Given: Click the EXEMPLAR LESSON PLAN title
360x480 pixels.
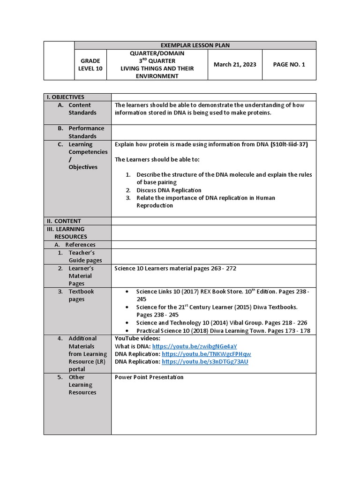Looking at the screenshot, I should pyautogui.click(x=195, y=45).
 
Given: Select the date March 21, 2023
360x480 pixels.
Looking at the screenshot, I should pyautogui.click(x=235, y=65).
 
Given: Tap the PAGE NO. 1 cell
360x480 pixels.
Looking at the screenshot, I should pyautogui.click(x=289, y=65).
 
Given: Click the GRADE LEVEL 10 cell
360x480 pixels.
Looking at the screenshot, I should pyautogui.click(x=90, y=65).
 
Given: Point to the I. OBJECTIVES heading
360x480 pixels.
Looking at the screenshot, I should pyautogui.click(x=65, y=97).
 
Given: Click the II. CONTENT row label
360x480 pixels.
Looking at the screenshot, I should pyautogui.click(x=64, y=221).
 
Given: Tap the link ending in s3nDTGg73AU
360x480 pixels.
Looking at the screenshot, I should pyautogui.click(x=205, y=362).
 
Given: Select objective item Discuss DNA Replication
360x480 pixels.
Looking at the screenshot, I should pyautogui.click(x=169, y=190).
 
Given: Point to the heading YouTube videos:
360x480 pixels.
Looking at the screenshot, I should pyautogui.click(x=137, y=338).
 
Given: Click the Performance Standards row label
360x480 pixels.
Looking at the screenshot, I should pyautogui.click(x=86, y=132).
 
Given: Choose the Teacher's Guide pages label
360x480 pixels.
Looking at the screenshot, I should pyautogui.click(x=85, y=256).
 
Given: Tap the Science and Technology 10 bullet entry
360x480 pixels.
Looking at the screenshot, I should pyautogui.click(x=222, y=323).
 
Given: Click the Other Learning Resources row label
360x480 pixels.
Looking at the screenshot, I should pyautogui.click(x=82, y=385).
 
